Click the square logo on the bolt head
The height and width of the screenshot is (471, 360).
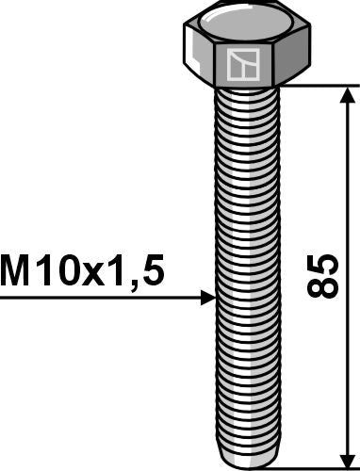(x=241, y=66)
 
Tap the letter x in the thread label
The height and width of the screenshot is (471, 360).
(x=101, y=274)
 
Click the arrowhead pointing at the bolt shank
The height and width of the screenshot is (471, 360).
(x=209, y=300)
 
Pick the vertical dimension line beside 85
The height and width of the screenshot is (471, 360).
(x=349, y=188)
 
